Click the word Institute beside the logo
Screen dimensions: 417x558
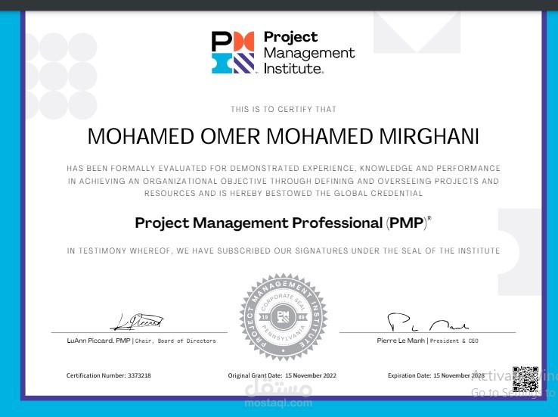pyautogui.click(x=293, y=68)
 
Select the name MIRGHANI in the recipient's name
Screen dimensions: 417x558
pyautogui.click(x=426, y=136)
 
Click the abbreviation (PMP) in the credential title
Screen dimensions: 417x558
pyautogui.click(x=407, y=223)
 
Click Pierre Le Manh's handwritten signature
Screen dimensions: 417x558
pyautogui.click(x=428, y=323)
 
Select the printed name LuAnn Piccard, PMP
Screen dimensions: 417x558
pyautogui.click(x=98, y=341)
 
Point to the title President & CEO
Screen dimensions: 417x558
pyautogui.click(x=454, y=341)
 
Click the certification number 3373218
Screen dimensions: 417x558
pyautogui.click(x=138, y=375)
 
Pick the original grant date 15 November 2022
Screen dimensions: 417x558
pyautogui.click(x=311, y=375)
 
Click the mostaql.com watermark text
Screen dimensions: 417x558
pyautogui.click(x=279, y=403)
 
